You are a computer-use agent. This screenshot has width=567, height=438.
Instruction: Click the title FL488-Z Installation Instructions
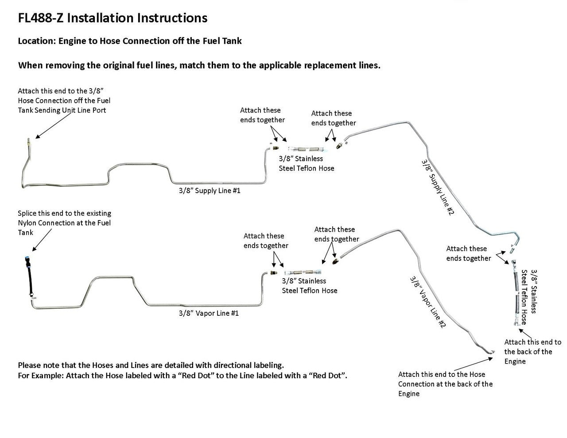pos(113,18)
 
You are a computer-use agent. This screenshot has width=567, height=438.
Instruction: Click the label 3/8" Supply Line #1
pos(209,191)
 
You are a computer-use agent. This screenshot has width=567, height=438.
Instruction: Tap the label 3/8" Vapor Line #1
pos(209,313)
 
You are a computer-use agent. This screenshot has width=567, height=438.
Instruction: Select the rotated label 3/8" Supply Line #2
pos(438,187)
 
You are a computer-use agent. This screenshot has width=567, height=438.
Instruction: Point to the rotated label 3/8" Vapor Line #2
pos(427,302)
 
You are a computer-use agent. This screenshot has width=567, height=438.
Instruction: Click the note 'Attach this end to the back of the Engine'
pos(532,352)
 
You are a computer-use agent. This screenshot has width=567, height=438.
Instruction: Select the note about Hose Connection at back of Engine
pos(445,384)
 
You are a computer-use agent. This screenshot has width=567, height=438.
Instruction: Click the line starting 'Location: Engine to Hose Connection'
pos(130,41)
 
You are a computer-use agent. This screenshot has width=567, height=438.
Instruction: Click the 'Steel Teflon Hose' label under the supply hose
pos(306,168)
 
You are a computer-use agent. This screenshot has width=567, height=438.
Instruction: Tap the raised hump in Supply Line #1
pos(139,166)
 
